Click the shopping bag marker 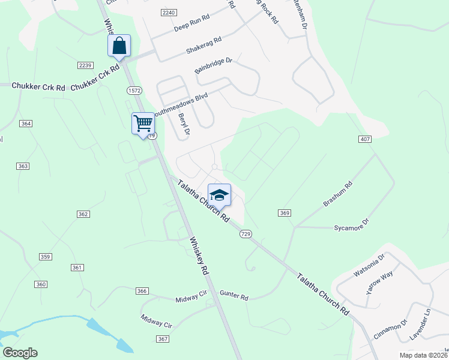[119, 46]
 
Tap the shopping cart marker [143, 124]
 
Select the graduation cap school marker [219, 195]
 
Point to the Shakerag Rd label [203, 44]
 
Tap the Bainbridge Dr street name [213, 65]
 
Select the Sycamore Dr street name [351, 228]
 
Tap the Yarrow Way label [379, 281]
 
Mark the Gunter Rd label [234, 296]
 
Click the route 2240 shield [169, 13]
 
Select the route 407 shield [365, 139]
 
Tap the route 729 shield [245, 233]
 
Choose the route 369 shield [285, 213]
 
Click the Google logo [20, 353]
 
